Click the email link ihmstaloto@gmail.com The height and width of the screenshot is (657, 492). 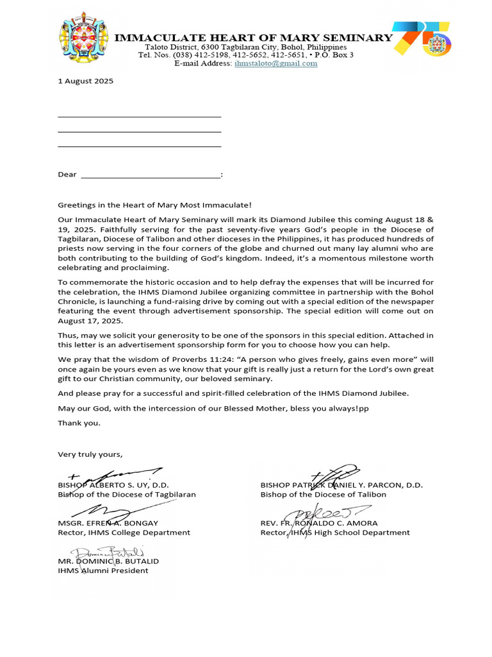(275, 64)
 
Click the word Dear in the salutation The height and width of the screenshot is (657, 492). (67, 175)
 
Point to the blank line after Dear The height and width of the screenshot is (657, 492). (151, 175)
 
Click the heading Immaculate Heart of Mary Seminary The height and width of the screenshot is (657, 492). (253, 38)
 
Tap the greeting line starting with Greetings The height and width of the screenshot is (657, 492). (155, 205)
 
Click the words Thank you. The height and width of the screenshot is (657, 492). (79, 423)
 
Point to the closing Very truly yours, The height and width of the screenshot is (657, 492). (90, 454)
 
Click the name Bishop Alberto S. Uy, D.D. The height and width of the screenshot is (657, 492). (113, 485)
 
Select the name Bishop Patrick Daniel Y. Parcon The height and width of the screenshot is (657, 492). (341, 485)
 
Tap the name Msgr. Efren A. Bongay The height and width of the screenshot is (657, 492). (108, 523)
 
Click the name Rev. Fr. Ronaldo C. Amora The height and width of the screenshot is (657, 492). (319, 523)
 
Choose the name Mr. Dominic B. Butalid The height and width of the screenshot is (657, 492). (108, 561)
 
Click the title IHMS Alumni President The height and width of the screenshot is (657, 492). (103, 570)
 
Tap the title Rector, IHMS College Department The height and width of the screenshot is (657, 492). (124, 533)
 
